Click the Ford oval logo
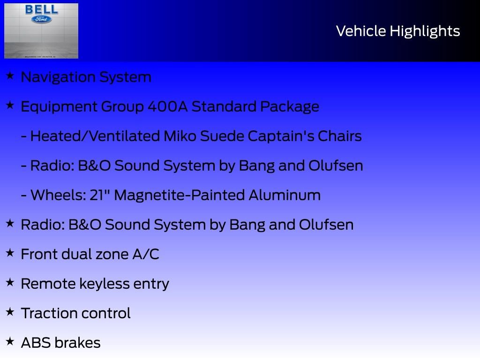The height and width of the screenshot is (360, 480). [42, 19]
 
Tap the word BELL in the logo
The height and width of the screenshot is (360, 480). [42, 10]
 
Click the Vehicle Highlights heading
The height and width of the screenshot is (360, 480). [398, 31]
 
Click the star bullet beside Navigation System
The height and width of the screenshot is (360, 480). [10, 75]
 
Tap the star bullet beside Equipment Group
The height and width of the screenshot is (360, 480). [10, 105]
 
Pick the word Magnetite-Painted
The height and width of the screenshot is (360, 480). [178, 195]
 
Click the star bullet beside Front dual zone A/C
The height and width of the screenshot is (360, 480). [10, 253]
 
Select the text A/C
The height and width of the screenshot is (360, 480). [146, 254]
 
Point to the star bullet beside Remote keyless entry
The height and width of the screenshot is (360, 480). [10, 282]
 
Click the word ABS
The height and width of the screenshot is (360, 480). [36, 343]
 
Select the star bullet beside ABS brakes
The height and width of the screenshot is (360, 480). [10, 341]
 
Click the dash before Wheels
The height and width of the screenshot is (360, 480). [24, 195]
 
